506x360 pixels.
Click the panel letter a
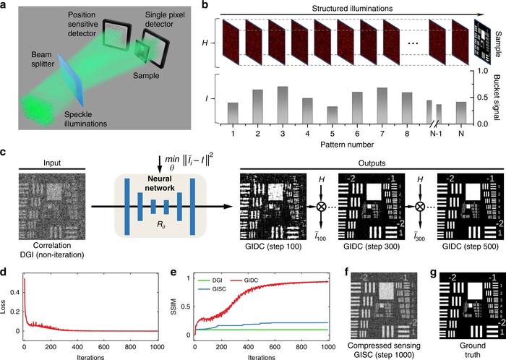(6, 7)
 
